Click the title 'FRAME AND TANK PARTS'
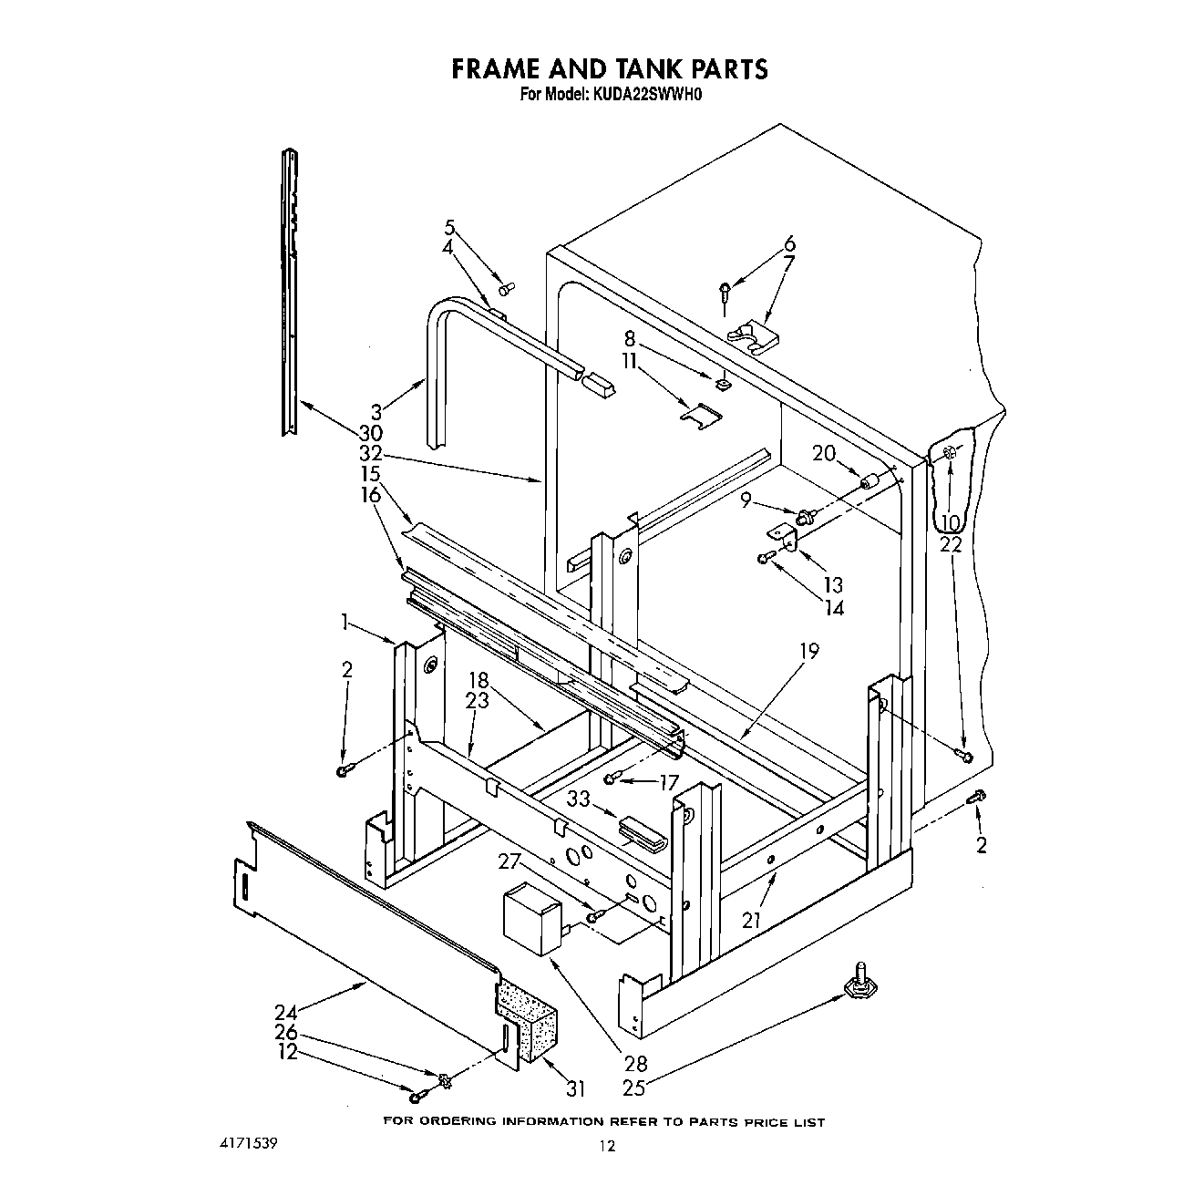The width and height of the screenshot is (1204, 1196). click(x=610, y=69)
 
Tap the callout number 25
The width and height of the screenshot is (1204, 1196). click(x=634, y=1088)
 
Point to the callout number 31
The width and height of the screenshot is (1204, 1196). click(x=575, y=1088)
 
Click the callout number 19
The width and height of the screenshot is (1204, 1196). click(x=808, y=651)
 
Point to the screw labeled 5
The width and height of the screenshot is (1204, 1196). click(x=506, y=288)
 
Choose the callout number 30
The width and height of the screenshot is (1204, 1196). click(x=370, y=433)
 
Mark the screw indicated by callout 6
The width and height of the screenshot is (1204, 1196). click(x=724, y=293)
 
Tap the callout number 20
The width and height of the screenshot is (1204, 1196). click(x=824, y=453)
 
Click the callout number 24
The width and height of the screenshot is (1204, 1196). click(x=285, y=1011)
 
